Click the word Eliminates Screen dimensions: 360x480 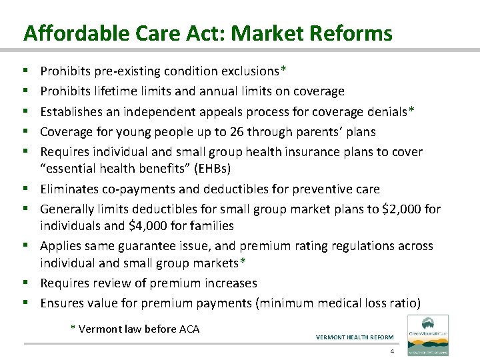coord(69,189)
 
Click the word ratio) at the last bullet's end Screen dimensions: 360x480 coord(404,303)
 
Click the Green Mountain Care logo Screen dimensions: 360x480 coord(427,331)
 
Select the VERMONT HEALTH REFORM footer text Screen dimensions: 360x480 coord(355,337)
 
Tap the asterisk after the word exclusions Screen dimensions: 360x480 coord(284,69)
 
